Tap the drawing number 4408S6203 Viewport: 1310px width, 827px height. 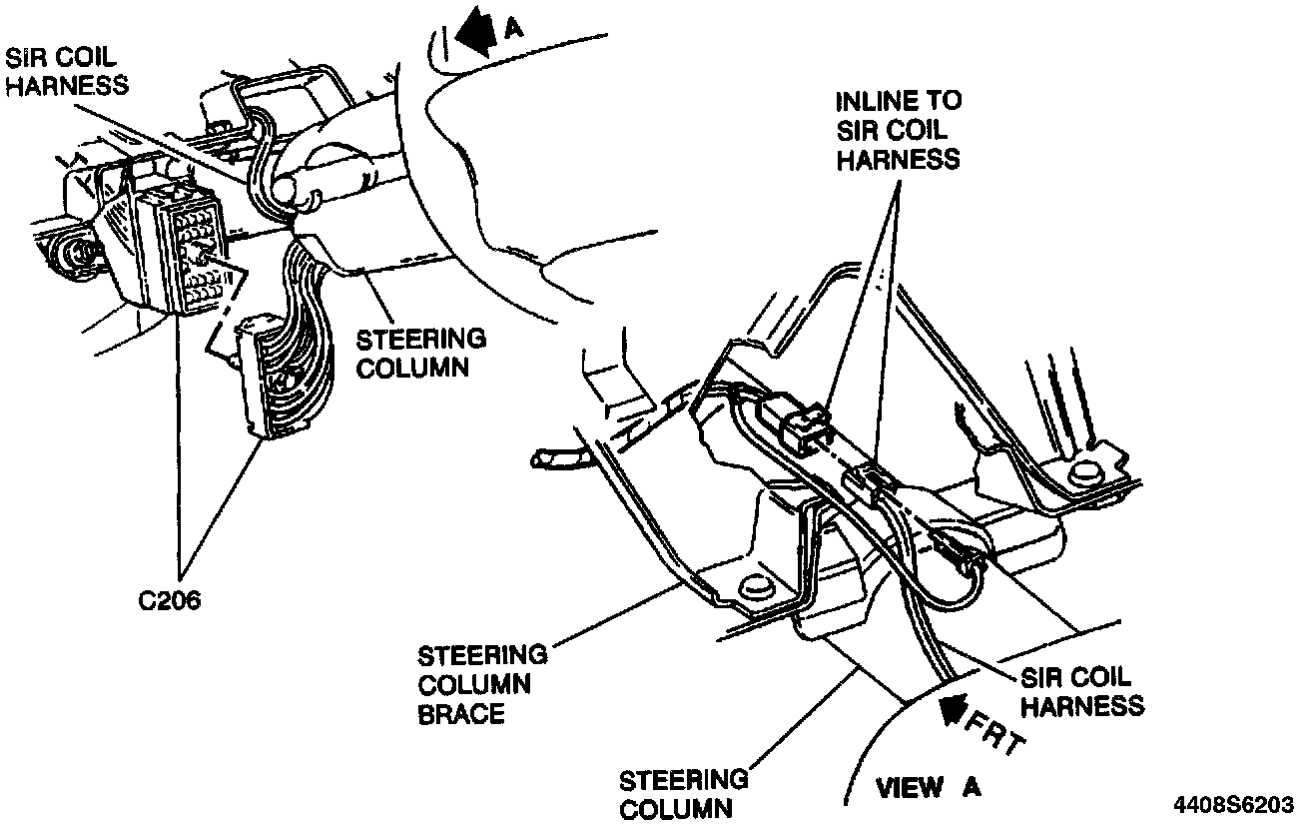[1239, 802]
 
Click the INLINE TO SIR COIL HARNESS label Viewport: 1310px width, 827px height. [898, 130]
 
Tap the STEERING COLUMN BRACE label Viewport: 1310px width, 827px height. [482, 685]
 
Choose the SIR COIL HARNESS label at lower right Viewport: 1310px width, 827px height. [1082, 691]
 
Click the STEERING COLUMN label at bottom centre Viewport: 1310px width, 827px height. [683, 793]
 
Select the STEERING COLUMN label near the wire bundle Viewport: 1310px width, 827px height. [421, 352]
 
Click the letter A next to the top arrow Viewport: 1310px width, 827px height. [512, 29]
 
